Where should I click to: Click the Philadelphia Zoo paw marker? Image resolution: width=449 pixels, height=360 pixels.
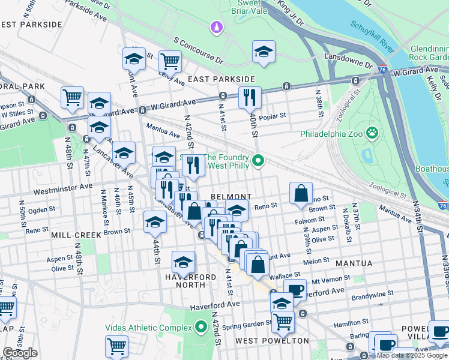(x=373, y=133)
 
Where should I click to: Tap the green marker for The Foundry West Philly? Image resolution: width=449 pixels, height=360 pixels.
(x=258, y=160)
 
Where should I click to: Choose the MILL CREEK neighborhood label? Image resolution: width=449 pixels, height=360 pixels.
(x=76, y=235)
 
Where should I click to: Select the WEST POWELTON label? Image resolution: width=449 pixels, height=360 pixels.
(x=272, y=341)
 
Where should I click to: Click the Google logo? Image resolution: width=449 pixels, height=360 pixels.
(x=20, y=353)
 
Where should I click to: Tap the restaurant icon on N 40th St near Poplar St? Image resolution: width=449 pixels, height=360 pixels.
(x=250, y=97)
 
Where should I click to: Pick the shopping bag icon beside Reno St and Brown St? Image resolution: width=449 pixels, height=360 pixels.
(x=301, y=193)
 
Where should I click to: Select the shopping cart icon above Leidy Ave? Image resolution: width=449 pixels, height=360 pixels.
(x=170, y=60)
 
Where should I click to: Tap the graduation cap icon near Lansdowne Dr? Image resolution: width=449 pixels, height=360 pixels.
(x=264, y=52)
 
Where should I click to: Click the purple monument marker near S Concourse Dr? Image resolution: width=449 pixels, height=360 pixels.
(x=216, y=28)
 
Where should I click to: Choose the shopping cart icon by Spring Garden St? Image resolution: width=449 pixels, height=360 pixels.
(x=283, y=320)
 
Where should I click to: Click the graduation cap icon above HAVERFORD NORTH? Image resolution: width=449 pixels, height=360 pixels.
(x=183, y=262)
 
